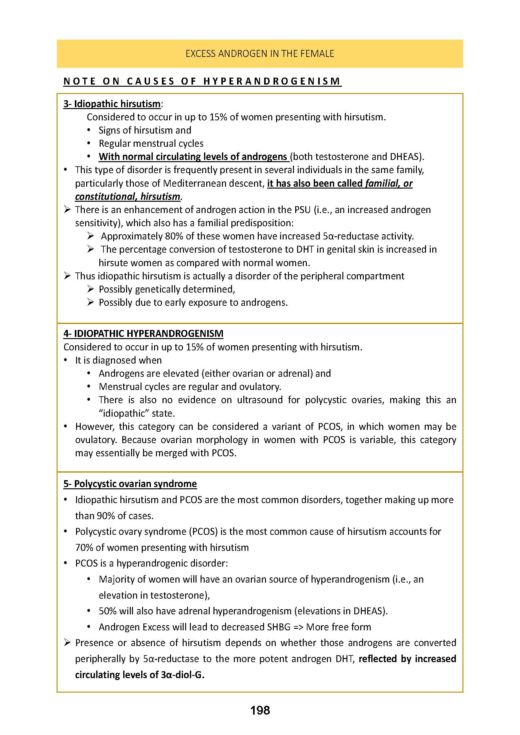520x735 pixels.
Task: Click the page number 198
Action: pos(260,710)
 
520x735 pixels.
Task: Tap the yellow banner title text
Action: pos(260,53)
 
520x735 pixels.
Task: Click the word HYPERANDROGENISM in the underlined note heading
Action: pos(272,81)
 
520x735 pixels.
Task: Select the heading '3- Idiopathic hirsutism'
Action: pos(112,104)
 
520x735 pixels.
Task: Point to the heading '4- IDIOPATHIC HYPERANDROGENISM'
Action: pos(143,334)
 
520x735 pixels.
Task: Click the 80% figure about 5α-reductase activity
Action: pos(174,236)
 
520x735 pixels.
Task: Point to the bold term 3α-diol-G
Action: pos(183,675)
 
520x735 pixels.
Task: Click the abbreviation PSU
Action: pos(302,210)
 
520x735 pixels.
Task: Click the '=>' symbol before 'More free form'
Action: pos(298,627)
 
